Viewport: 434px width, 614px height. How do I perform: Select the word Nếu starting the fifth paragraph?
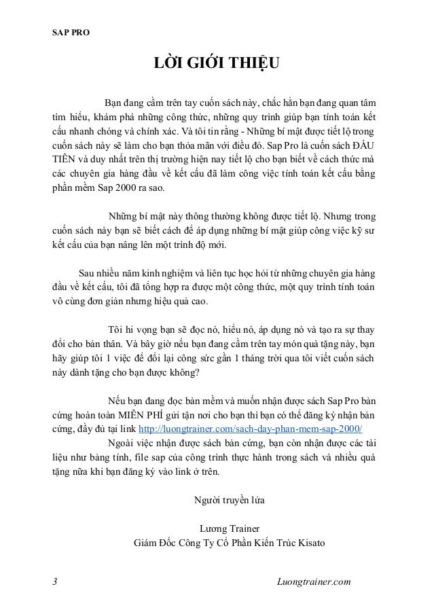[117, 400]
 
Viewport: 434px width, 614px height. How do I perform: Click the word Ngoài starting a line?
[122, 444]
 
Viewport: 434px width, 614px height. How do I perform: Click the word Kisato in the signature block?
[310, 543]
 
